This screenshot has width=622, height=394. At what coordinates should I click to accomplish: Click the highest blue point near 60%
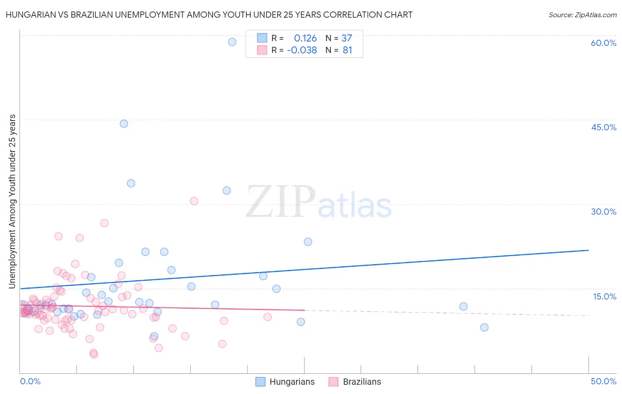tap(232, 42)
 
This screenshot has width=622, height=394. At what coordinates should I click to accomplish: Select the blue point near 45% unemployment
tap(124, 124)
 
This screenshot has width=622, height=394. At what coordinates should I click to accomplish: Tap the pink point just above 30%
tap(194, 201)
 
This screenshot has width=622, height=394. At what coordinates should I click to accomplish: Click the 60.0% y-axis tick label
tap(603, 43)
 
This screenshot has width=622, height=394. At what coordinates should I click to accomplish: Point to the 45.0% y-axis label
tap(603, 127)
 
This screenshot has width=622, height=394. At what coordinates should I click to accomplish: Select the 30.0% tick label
tap(603, 212)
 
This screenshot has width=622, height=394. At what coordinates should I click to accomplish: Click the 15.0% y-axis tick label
tap(604, 296)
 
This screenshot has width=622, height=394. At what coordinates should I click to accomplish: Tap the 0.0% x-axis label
tap(30, 381)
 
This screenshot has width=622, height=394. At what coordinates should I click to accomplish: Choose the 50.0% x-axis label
tap(603, 381)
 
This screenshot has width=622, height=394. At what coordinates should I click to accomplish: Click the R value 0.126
tap(305, 38)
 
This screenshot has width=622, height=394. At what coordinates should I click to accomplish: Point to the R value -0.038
tap(302, 50)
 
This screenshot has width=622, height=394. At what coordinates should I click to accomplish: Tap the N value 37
tap(347, 38)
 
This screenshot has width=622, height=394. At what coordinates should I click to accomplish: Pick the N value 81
tap(347, 50)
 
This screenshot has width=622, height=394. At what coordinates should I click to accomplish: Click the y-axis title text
tap(12, 201)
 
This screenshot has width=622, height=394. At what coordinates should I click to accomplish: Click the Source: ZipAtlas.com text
tap(582, 15)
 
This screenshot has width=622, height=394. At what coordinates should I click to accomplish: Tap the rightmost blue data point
tap(484, 327)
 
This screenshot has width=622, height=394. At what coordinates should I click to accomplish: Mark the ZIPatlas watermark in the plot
tap(319, 203)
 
